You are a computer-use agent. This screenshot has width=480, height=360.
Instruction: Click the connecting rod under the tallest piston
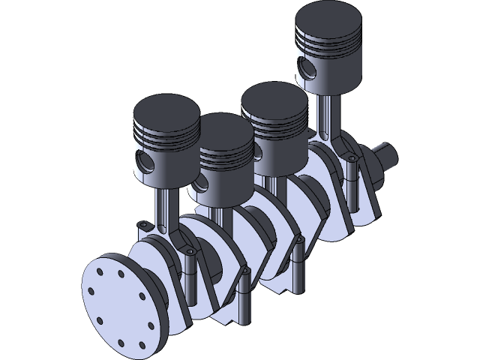[x=327, y=112]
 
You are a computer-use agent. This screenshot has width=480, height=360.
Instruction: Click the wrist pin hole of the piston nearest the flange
[x=145, y=161]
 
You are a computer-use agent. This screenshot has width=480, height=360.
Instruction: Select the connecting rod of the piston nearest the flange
[x=163, y=207]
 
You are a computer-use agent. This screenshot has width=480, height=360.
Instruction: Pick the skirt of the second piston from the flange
[x=225, y=187]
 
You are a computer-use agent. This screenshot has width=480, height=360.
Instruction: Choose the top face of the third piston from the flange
[x=274, y=100]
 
